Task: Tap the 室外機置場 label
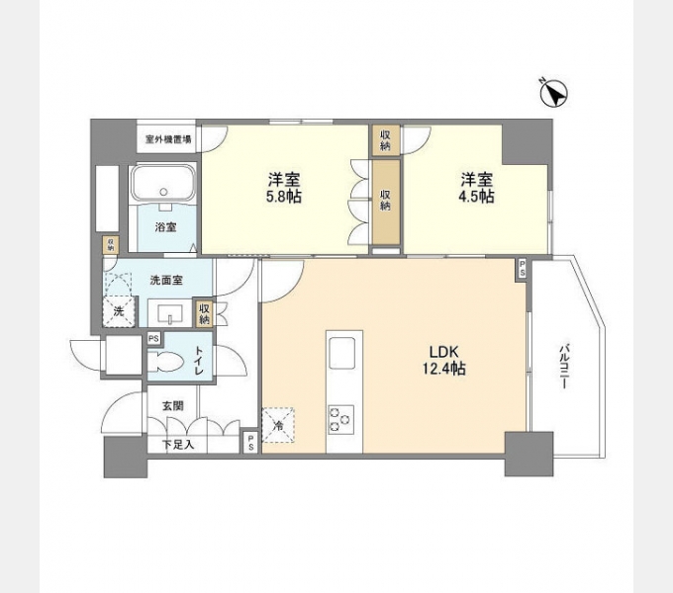click(x=169, y=139)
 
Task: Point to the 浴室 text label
click(x=164, y=227)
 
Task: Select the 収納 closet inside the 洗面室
click(x=204, y=314)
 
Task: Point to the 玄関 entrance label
click(x=172, y=404)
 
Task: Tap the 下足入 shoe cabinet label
click(x=178, y=445)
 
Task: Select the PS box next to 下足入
click(x=250, y=443)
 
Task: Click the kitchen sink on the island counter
click(x=343, y=352)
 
